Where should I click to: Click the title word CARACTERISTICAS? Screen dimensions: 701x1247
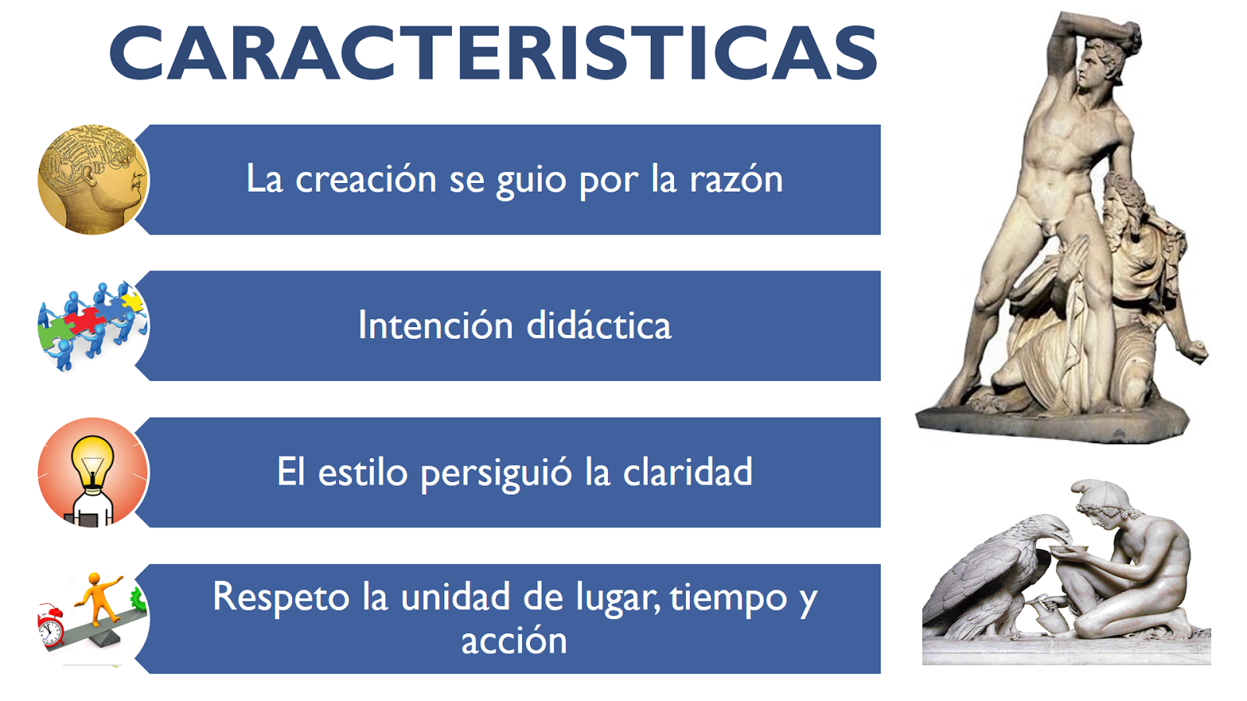coord(493,54)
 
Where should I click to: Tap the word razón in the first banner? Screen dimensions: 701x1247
coord(736,180)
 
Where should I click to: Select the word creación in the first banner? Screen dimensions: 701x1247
coord(366,180)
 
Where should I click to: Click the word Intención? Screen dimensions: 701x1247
coord(435,326)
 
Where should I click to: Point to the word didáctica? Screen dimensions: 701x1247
coord(599,326)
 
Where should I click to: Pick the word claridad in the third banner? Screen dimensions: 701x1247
coord(687,472)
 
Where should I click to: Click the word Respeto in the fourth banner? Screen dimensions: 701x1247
coord(281,597)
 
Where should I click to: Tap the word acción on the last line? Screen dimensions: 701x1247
coord(514,641)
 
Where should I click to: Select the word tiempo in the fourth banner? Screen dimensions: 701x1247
coord(728,597)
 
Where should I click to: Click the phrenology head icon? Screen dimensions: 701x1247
coord(93,179)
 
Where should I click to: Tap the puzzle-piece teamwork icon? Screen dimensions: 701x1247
coord(92,326)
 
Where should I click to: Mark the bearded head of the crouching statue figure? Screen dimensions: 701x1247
coord(1122,203)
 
